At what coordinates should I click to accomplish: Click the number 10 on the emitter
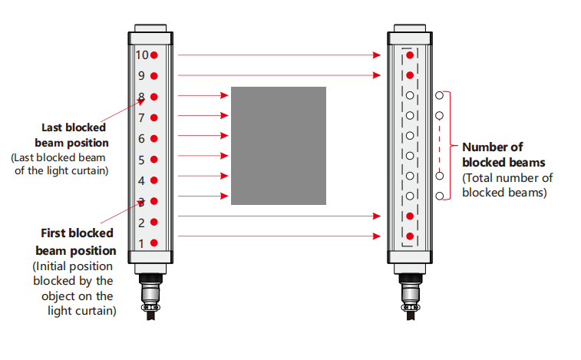[142, 55]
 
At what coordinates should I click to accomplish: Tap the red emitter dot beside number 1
[154, 243]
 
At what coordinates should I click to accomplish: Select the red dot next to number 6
[154, 139]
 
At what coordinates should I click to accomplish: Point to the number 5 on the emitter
[141, 160]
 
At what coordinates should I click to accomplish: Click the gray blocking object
[279, 146]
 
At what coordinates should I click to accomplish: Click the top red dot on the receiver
[410, 55]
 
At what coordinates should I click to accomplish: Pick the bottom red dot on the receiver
[410, 236]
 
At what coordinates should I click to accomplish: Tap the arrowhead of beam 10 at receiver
[377, 55]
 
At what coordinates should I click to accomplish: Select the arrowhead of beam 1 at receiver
[377, 236]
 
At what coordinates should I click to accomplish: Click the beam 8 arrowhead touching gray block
[224, 96]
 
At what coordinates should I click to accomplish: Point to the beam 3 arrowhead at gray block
[224, 196]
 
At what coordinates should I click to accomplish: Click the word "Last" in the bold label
[51, 127]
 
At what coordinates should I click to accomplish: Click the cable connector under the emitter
[150, 296]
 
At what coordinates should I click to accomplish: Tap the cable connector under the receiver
[410, 296]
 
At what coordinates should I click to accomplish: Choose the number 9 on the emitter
[141, 76]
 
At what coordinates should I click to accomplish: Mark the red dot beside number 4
[154, 180]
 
